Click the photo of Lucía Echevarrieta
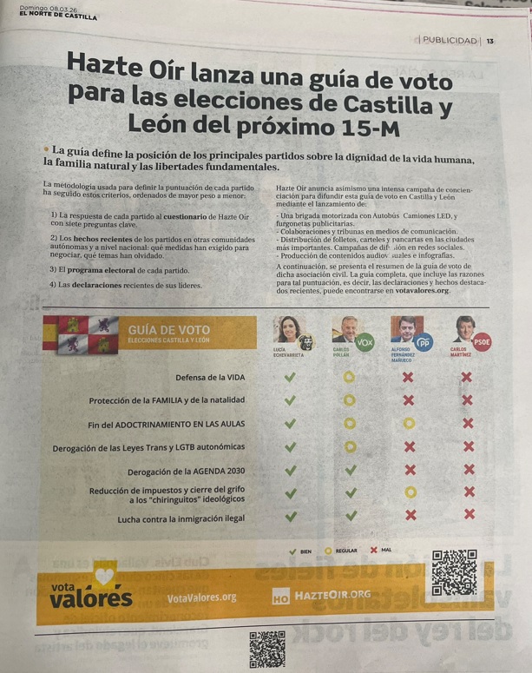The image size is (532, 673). pyautogui.click(x=289, y=331)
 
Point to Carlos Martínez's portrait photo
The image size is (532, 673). pyautogui.click(x=464, y=329)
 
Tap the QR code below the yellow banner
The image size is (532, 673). pyautogui.click(x=267, y=648)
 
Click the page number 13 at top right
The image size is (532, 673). pyautogui.click(x=490, y=41)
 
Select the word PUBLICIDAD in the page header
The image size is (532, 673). pyautogui.click(x=450, y=41)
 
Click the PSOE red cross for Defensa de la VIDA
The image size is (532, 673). pyautogui.click(x=467, y=377)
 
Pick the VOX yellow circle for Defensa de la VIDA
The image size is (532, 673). pyautogui.click(x=349, y=377)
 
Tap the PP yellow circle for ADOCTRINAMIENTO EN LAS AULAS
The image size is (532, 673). pyautogui.click(x=409, y=424)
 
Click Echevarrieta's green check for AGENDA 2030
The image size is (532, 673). pyautogui.click(x=291, y=470)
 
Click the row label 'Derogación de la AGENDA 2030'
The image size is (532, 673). pyautogui.click(x=186, y=471)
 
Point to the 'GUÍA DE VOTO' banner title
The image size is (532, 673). pyautogui.click(x=168, y=330)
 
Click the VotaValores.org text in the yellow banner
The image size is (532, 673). pyautogui.click(x=201, y=597)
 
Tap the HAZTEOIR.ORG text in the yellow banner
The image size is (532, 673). pyautogui.click(x=332, y=595)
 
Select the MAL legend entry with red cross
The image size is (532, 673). pyautogui.click(x=381, y=551)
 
